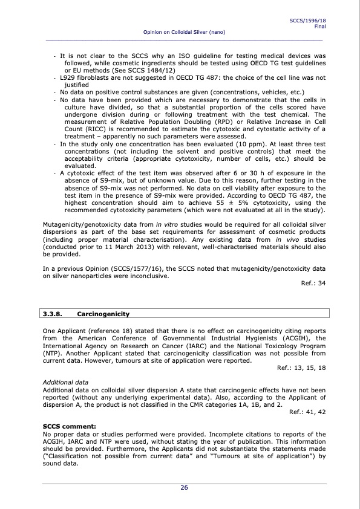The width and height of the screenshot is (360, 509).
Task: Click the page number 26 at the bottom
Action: point(183,488)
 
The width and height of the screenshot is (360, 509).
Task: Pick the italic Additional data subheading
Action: point(65,383)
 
